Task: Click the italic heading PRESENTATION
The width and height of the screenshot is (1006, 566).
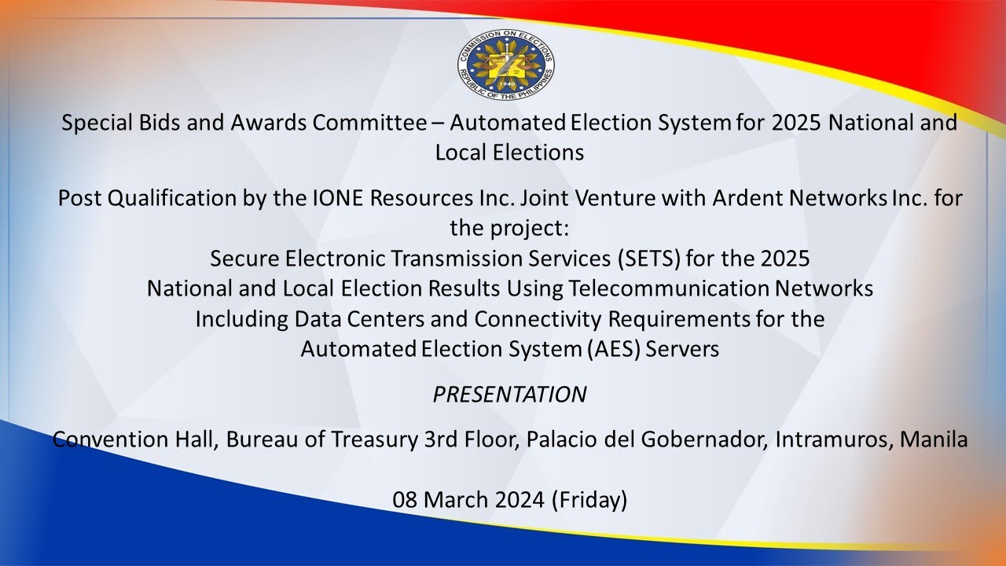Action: [x=509, y=395]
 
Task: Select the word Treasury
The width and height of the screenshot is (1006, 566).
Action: [x=374, y=439]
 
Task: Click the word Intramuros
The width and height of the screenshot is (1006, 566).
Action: [x=832, y=439]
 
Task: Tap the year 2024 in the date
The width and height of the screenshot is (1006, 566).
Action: [x=520, y=500]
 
